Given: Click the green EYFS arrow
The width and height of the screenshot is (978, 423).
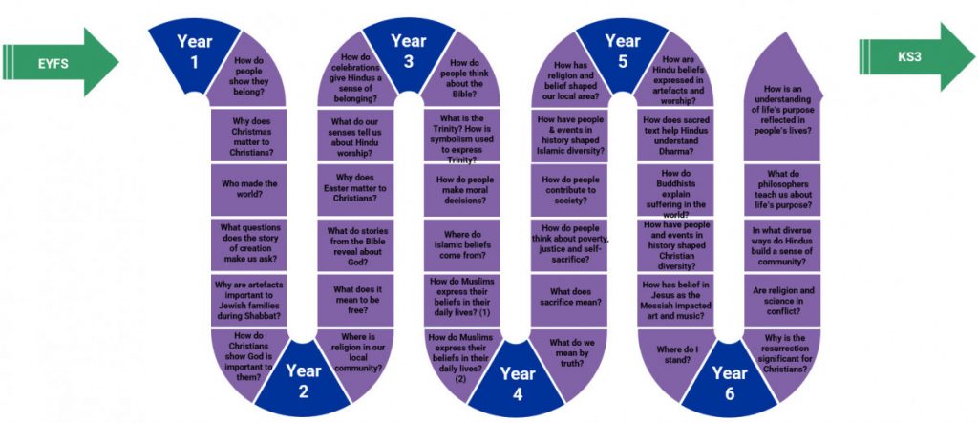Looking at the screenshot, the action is coord(60,62).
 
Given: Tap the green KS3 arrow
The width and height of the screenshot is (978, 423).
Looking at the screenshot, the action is coord(916,56).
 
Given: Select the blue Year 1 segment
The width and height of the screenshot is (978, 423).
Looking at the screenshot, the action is coord(194,53).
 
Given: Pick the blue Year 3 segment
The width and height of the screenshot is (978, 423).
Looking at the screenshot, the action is coord(409,53).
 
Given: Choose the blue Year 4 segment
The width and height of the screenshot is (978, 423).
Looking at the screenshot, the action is coord(517,382).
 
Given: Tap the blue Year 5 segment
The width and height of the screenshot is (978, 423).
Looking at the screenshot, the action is coord(622,53).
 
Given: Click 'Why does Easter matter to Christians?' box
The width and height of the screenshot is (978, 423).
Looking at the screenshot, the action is coord(355,190).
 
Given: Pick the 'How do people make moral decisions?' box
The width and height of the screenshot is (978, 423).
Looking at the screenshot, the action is coord(462,190).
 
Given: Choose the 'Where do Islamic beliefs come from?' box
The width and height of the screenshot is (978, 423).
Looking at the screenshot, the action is coord(462,244).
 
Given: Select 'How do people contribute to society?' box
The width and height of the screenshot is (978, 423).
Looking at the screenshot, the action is coord(569,190).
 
